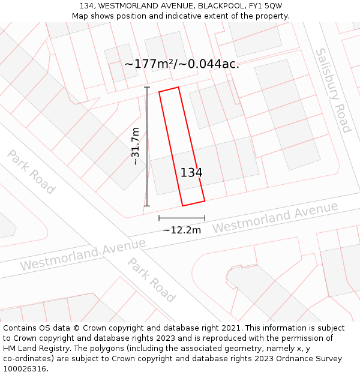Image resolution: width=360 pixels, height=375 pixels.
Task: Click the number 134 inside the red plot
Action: pyautogui.click(x=191, y=173)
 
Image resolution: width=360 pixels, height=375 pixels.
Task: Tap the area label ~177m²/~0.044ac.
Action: pyautogui.click(x=182, y=64)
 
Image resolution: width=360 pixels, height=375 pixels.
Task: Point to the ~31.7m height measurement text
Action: pyautogui.click(x=136, y=146)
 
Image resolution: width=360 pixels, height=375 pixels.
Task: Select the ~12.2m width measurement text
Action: pyautogui.click(x=181, y=230)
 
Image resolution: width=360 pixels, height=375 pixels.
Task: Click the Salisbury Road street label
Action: pyautogui.click(x=334, y=90)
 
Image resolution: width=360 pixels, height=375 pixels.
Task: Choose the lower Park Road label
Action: pyautogui.click(x=151, y=280)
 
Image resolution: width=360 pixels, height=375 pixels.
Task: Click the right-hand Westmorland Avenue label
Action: pyautogui.click(x=275, y=218)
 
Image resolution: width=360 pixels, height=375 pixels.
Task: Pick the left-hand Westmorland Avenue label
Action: pyautogui.click(x=83, y=254)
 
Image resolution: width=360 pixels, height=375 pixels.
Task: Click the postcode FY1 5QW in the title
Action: pyautogui.click(x=264, y=5)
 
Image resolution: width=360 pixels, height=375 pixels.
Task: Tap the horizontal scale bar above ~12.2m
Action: pyautogui.click(x=181, y=218)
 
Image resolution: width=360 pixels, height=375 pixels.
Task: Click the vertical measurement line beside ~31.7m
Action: pyautogui.click(x=147, y=146)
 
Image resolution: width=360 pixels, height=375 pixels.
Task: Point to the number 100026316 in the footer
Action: pyautogui.click(x=24, y=369)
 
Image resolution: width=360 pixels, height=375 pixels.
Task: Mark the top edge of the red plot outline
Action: pyautogui.click(x=169, y=89)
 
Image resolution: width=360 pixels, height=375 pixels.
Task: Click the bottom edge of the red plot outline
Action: pyautogui.click(x=193, y=203)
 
